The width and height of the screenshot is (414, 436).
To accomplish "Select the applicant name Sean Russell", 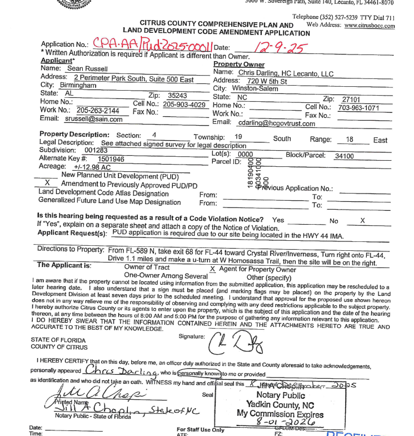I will click(x=87, y=68).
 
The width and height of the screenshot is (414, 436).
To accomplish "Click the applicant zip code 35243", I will click(x=177, y=95).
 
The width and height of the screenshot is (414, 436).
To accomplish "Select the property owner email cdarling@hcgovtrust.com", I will click(x=268, y=122).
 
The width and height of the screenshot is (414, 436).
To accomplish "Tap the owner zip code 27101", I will click(x=351, y=99).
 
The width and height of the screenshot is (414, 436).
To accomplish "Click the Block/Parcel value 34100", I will click(x=344, y=156).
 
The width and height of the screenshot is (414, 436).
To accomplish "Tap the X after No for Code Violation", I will click(x=362, y=221).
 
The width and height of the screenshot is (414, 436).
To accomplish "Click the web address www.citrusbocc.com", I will click(x=369, y=26).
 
